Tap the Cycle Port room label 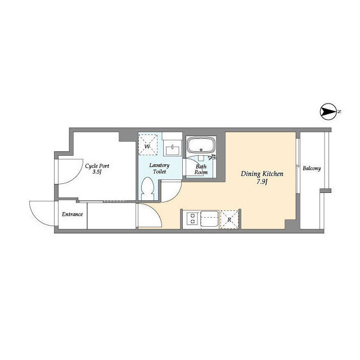[97, 166]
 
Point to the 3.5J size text [97, 172]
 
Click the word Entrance [73, 214]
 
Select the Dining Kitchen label [262, 174]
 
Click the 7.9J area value [262, 182]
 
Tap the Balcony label [312, 169]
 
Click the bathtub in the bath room [201, 145]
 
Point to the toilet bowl [147, 189]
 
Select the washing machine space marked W [148, 145]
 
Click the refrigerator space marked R [229, 220]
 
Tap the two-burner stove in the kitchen [192, 218]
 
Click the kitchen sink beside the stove [210, 219]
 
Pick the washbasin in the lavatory [173, 150]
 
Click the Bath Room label [201, 169]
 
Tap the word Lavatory [159, 165]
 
